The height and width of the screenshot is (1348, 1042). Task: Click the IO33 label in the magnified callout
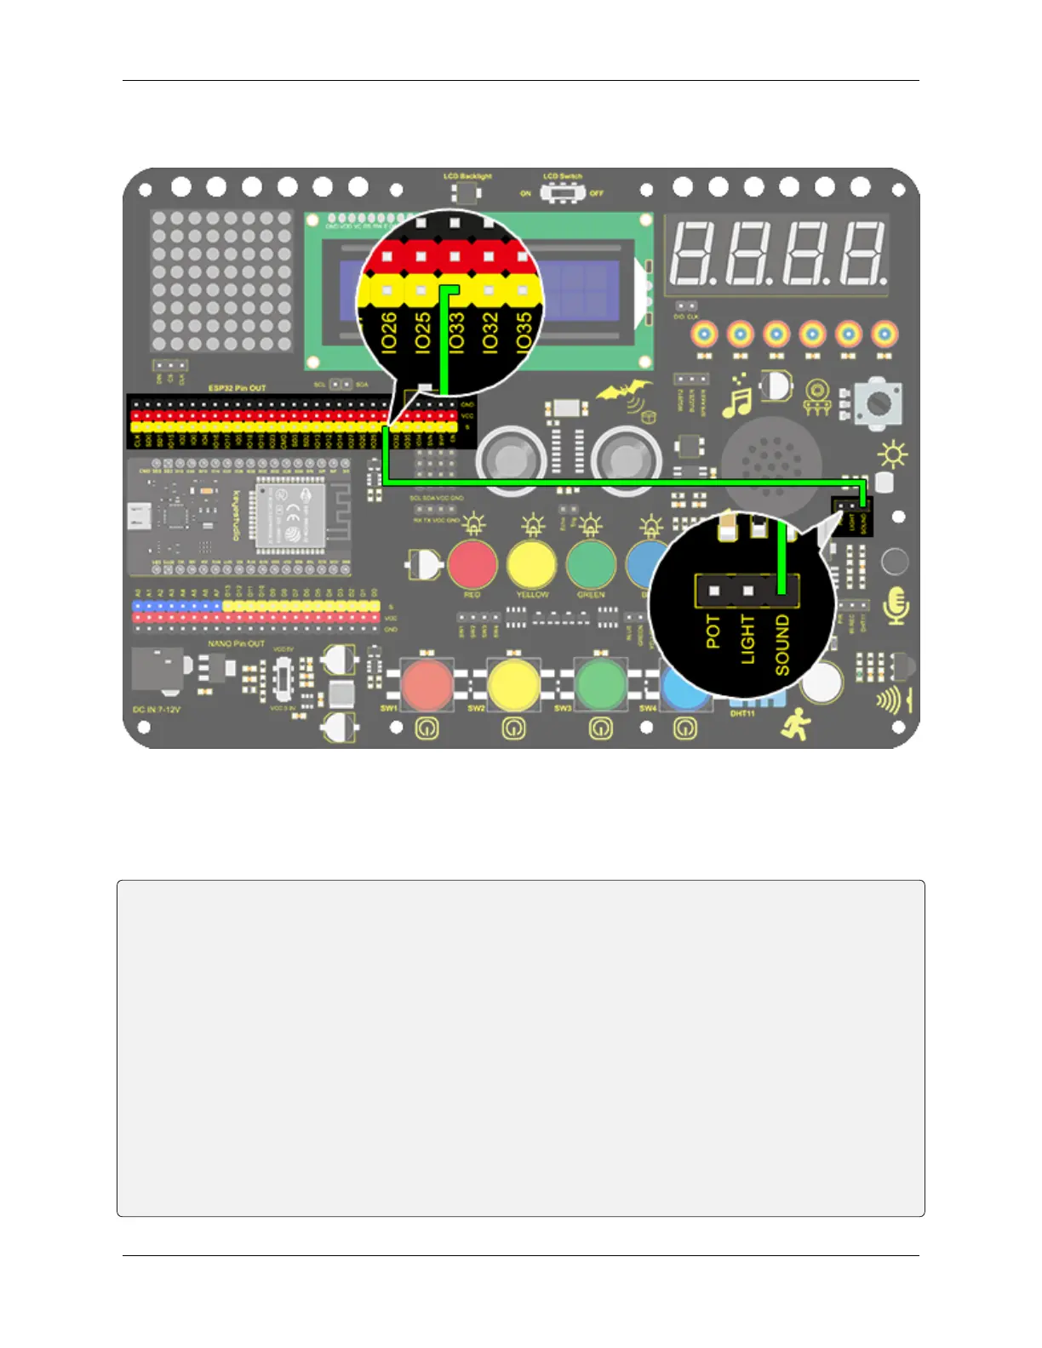456,332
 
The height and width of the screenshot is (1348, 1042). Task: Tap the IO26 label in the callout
389,332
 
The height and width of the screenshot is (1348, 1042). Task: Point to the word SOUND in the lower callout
781,645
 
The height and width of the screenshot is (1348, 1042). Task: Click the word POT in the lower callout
713,631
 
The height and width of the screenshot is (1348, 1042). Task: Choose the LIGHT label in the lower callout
747,639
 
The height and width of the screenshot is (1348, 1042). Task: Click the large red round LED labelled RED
472,564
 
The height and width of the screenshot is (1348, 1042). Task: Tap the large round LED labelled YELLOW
531,564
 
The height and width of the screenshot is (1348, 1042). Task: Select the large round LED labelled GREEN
591,564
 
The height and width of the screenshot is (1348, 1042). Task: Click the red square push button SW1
427,684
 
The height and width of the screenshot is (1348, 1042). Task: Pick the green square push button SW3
600,684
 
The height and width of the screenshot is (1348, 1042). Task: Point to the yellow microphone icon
896,606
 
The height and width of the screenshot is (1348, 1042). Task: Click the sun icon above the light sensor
892,455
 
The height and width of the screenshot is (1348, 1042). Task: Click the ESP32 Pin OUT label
237,388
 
